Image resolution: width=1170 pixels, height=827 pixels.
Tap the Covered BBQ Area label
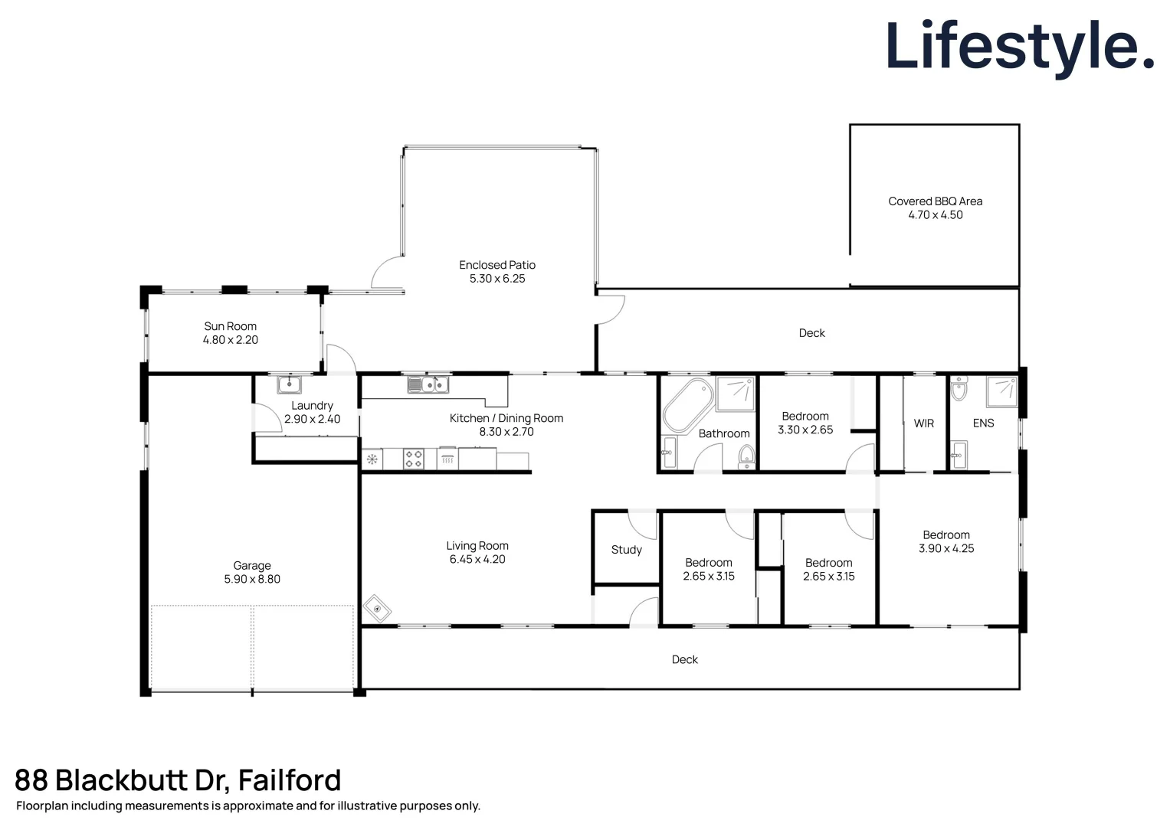click(x=935, y=201)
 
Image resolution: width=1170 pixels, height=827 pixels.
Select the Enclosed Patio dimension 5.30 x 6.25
click(x=497, y=279)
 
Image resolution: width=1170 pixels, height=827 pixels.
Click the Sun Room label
click(x=230, y=326)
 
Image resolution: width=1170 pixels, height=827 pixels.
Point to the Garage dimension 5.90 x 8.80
click(x=252, y=580)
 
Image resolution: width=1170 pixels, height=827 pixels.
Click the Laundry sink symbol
click(x=289, y=384)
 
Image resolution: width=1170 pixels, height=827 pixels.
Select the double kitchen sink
click(x=428, y=384)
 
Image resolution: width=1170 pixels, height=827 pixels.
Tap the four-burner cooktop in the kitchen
click(x=414, y=459)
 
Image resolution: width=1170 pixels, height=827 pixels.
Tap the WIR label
click(x=924, y=423)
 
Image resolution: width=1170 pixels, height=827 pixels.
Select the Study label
click(x=626, y=550)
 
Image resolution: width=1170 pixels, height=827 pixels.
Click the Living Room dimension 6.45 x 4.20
click(x=477, y=560)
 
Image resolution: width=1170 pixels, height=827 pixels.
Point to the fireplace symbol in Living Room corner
click(x=377, y=609)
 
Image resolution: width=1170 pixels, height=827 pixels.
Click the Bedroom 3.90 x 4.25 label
click(x=946, y=535)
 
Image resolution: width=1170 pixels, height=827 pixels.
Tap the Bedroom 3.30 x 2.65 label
click(x=805, y=417)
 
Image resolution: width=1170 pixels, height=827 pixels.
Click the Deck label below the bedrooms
click(x=684, y=659)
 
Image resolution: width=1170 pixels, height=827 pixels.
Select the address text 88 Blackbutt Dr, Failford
click(x=178, y=780)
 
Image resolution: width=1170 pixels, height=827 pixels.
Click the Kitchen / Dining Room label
click(x=506, y=418)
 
